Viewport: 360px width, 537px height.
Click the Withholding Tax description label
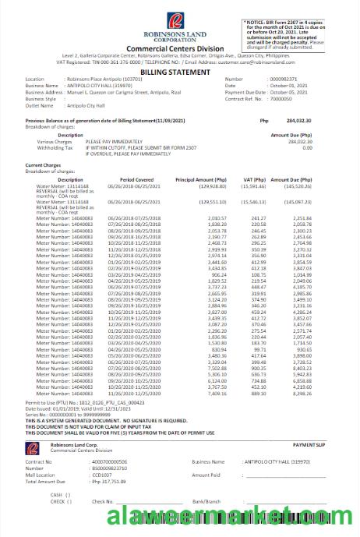click(x=54, y=147)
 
